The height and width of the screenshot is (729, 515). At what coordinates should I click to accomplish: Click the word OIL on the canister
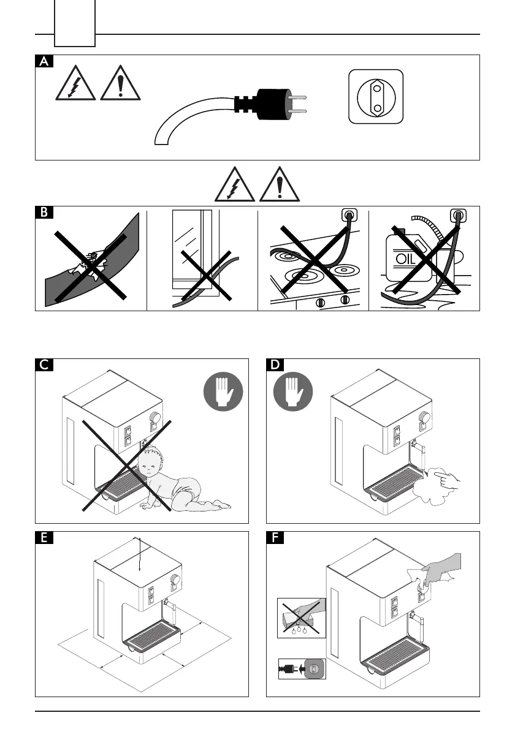(406, 257)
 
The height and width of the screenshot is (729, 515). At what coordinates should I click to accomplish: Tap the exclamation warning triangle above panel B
(280, 185)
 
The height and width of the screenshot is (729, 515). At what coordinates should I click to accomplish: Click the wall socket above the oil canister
(457, 216)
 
